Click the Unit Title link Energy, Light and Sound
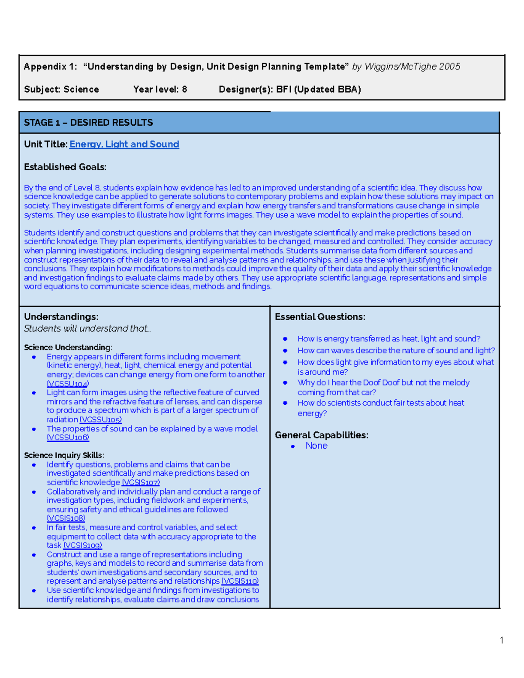click(124, 144)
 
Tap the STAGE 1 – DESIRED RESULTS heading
click(88, 123)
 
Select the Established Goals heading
click(65, 167)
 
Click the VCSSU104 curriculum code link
click(68, 384)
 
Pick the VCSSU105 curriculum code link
click(100, 420)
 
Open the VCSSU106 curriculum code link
click(68, 437)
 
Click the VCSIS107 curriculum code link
click(141, 482)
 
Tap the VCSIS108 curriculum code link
click(66, 518)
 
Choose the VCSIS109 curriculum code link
click(83, 545)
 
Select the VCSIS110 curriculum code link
click(240, 581)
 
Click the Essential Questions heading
click(320, 317)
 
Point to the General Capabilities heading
click(321, 435)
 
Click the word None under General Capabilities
click(316, 446)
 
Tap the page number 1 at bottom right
click(502, 640)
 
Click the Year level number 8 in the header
click(184, 89)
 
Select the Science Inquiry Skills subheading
click(64, 455)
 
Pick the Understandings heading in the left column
click(61, 317)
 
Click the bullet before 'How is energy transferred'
click(285, 339)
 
